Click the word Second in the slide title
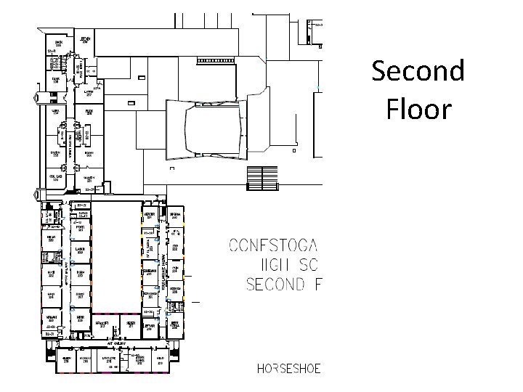click(417, 71)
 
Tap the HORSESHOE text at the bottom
click(288, 368)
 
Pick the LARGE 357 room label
click(89, 93)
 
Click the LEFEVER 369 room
click(150, 326)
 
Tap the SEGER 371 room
click(131, 324)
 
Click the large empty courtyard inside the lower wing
click(116, 254)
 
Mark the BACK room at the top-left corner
click(58, 45)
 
